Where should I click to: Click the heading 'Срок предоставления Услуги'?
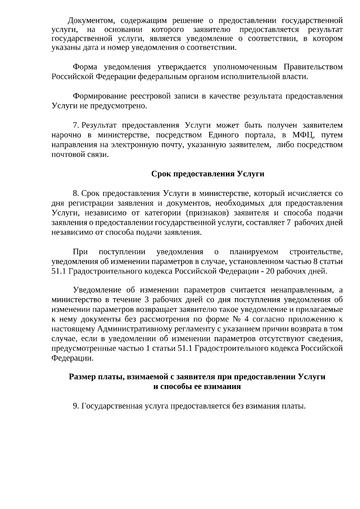coord(208,174)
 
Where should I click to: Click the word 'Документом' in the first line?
coord(90,21)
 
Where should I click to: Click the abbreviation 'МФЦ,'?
coord(303,135)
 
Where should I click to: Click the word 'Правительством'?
coord(313,67)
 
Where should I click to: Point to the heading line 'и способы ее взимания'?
coord(197,387)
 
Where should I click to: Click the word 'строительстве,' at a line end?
coord(316,252)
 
